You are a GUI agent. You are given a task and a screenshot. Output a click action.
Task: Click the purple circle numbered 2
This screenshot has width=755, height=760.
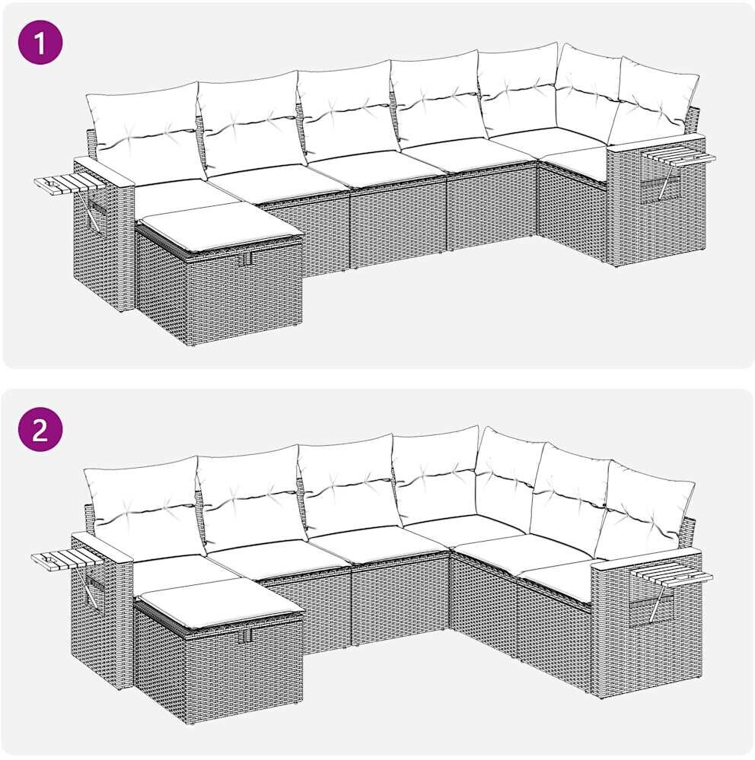point(40,429)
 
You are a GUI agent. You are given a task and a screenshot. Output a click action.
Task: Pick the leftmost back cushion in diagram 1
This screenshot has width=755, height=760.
point(145,131)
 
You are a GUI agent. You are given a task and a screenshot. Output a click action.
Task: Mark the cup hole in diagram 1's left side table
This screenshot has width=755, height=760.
point(51,184)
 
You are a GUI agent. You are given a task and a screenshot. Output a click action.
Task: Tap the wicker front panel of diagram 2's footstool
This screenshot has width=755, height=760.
point(244,671)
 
